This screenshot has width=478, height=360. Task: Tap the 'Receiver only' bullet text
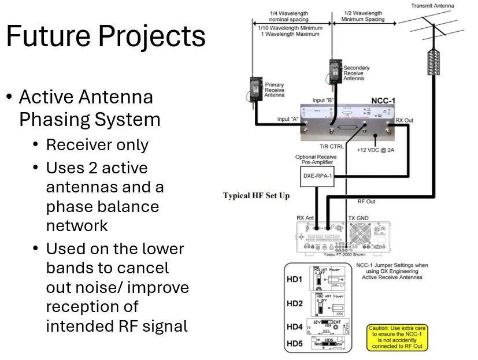pyautogui.click(x=97, y=145)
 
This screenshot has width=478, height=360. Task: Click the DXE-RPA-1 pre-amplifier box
pyautogui.click(x=317, y=176)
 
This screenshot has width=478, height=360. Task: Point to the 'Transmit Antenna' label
pyautogui.click(x=432, y=6)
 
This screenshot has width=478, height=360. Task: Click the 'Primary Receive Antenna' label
pyautogui.click(x=275, y=90)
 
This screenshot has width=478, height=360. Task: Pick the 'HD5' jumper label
pyautogui.click(x=295, y=344)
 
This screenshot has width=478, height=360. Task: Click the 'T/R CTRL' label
pyautogui.click(x=332, y=147)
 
